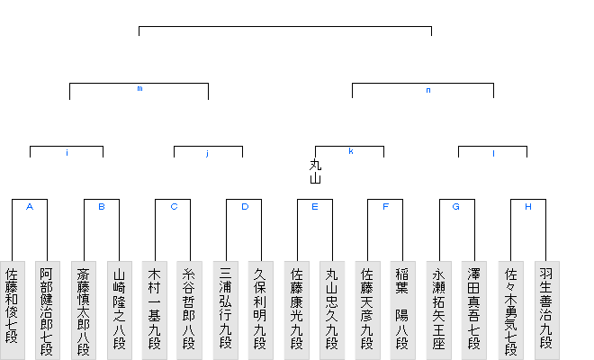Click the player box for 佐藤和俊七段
click(12, 306)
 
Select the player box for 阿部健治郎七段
click(47, 306)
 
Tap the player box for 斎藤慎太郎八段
click(84, 306)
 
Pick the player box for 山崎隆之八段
click(119, 306)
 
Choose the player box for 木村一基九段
click(155, 306)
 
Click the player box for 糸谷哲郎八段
click(190, 306)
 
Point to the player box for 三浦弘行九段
click(226, 306)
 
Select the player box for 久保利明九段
click(261, 306)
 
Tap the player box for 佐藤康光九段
click(297, 306)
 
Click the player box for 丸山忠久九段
click(332, 306)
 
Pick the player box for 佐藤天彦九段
click(368, 306)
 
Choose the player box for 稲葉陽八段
click(403, 306)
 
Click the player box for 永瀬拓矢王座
click(439, 306)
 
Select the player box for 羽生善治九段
click(545, 306)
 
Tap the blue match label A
click(30, 207)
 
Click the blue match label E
click(315, 207)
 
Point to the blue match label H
click(528, 207)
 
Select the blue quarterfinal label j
click(207, 154)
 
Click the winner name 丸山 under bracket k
click(315, 171)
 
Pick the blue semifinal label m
click(139, 89)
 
